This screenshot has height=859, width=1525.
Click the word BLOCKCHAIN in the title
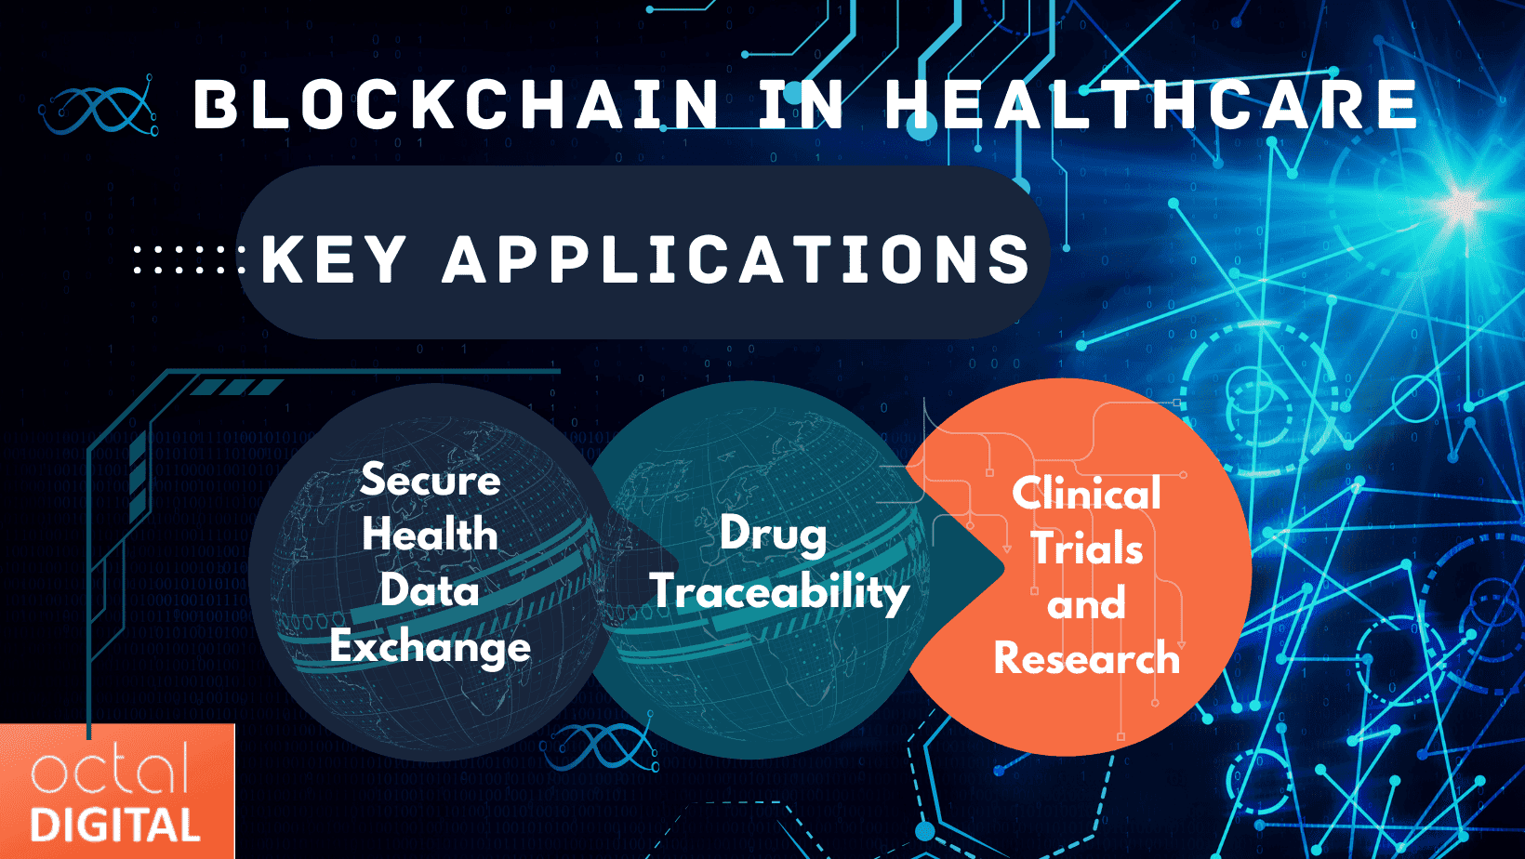click(456, 104)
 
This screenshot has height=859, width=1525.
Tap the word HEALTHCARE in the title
click(1150, 104)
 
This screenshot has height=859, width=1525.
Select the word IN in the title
click(801, 104)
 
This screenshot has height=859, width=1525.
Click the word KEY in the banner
click(333, 259)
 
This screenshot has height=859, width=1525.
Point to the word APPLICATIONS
click(736, 259)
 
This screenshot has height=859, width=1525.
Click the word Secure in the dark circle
click(431, 480)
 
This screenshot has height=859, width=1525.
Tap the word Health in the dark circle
click(430, 535)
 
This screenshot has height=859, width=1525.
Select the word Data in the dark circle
click(430, 590)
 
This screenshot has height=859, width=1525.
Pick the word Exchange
click(430, 648)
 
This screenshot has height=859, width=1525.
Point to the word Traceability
click(779, 592)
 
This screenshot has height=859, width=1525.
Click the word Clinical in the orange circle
click(1086, 494)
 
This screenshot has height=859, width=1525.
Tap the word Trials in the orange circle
click(1086, 548)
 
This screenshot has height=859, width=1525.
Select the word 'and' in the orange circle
click(1086, 604)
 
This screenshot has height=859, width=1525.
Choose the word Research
click(1086, 659)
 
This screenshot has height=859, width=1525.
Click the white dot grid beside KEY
click(189, 259)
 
